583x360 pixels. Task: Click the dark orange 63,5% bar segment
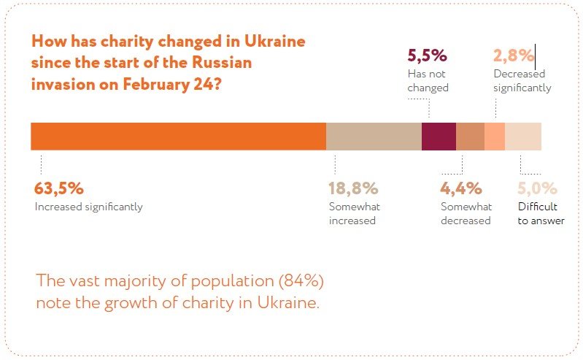(178, 137)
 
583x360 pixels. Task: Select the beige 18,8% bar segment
(374, 137)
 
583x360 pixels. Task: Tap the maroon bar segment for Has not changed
(439, 137)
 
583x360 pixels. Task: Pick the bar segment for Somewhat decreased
(470, 137)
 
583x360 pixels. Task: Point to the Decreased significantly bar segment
(494, 137)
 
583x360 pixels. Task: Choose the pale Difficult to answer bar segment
(522, 137)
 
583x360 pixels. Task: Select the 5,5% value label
(427, 55)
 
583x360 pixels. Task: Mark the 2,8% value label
(514, 55)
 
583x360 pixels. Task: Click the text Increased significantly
(88, 207)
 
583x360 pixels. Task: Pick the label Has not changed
(428, 81)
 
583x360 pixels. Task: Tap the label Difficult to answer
(541, 213)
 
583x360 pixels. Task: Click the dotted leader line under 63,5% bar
(41, 162)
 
